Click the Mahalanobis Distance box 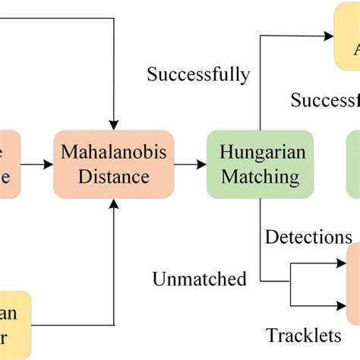click(x=113, y=165)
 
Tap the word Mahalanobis click(x=113, y=153)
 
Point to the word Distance click(x=113, y=178)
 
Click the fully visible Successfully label click(x=198, y=74)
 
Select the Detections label click(x=308, y=237)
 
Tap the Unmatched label click(x=200, y=279)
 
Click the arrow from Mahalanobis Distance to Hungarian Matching click(x=190, y=164)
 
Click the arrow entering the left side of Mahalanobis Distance click(x=38, y=164)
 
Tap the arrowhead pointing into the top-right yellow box click(x=328, y=35)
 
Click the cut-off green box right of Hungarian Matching click(x=353, y=165)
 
